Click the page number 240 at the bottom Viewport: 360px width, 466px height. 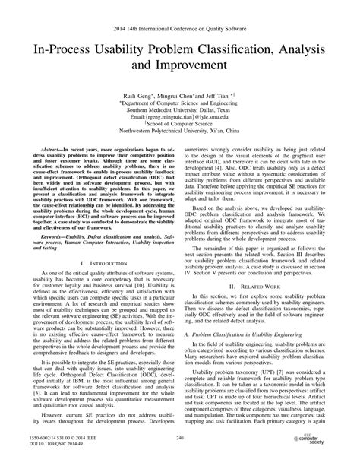coord(179,439)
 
